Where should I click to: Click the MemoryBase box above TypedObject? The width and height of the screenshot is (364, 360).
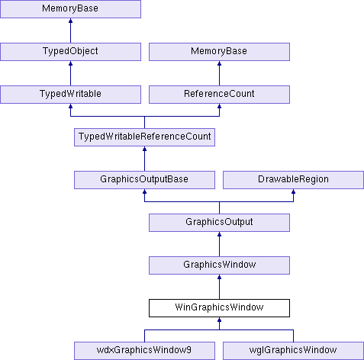[70, 9]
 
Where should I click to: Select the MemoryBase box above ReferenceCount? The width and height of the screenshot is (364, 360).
[219, 52]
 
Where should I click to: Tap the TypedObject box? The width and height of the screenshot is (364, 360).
[70, 52]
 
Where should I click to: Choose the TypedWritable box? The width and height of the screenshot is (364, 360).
[70, 95]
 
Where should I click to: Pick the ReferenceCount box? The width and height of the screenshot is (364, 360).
[219, 95]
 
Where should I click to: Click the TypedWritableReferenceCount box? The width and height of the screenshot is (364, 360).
[144, 137]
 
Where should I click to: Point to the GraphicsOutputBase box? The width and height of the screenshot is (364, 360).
[144, 180]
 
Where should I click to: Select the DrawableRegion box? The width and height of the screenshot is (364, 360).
[293, 180]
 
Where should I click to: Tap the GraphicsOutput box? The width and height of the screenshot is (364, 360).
[219, 223]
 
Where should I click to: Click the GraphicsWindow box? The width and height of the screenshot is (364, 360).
[219, 265]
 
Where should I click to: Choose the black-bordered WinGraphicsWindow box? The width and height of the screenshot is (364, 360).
[219, 308]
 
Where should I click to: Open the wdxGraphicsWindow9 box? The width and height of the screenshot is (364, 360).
[144, 351]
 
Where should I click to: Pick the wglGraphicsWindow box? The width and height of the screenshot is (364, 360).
[293, 351]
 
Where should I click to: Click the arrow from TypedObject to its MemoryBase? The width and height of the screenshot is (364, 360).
[70, 31]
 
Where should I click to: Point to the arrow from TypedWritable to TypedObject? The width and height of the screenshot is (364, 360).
[70, 73]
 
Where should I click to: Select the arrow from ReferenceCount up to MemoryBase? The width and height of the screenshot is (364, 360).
[219, 73]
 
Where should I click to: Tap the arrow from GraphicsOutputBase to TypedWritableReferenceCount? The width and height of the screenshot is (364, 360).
[144, 159]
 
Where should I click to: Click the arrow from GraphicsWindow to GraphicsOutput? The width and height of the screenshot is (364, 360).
[219, 244]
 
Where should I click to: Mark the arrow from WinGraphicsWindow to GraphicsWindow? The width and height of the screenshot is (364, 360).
[219, 287]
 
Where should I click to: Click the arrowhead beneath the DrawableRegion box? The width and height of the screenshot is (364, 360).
[293, 191]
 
